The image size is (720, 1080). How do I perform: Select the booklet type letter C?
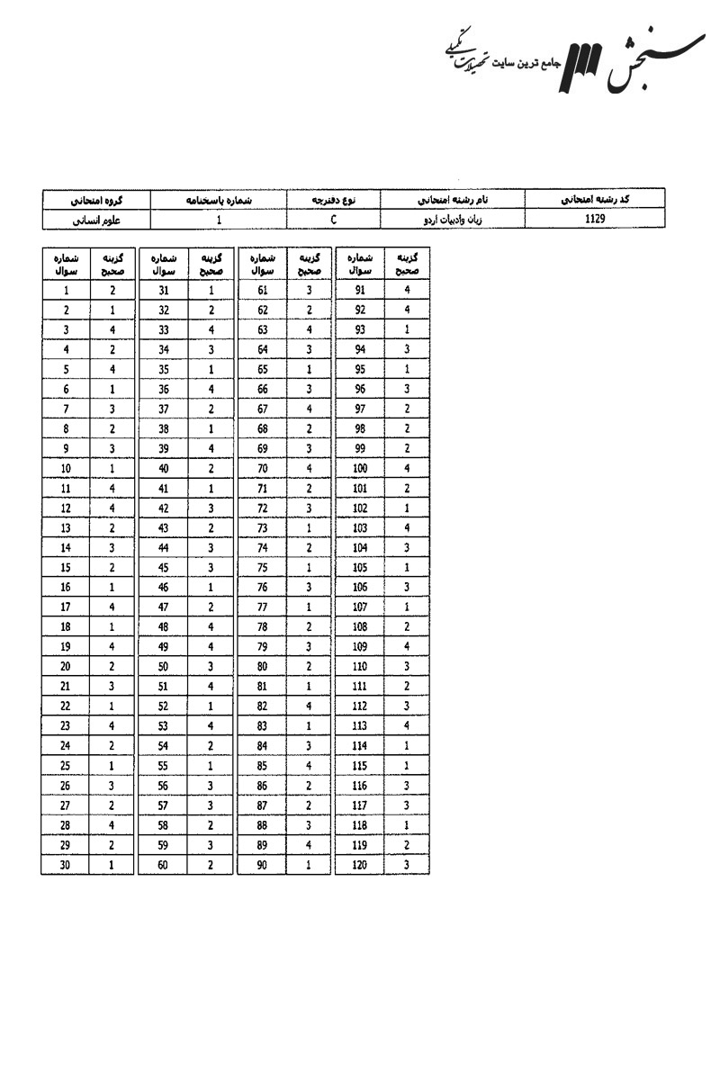pos(333,218)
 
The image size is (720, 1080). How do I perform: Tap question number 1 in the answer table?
pos(67,291)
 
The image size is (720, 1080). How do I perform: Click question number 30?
pos(67,865)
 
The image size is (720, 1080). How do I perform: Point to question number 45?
pos(164,568)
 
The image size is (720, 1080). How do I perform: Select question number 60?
pos(164,865)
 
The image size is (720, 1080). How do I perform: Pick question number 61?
pos(263,291)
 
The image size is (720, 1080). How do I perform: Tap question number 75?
pos(263,568)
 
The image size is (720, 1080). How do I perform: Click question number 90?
pos(263,865)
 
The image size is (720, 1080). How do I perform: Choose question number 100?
pos(360,469)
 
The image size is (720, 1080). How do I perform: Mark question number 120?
pos(360,865)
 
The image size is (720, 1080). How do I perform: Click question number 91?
pos(360,291)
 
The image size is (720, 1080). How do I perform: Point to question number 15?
pos(67,568)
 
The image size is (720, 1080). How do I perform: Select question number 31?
pos(164,291)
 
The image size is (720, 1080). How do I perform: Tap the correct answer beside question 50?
pos(211,667)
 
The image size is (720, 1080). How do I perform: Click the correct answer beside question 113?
pos(407,726)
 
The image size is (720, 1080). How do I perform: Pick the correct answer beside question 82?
pos(310,706)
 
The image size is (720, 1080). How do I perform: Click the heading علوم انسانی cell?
pos(97,218)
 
